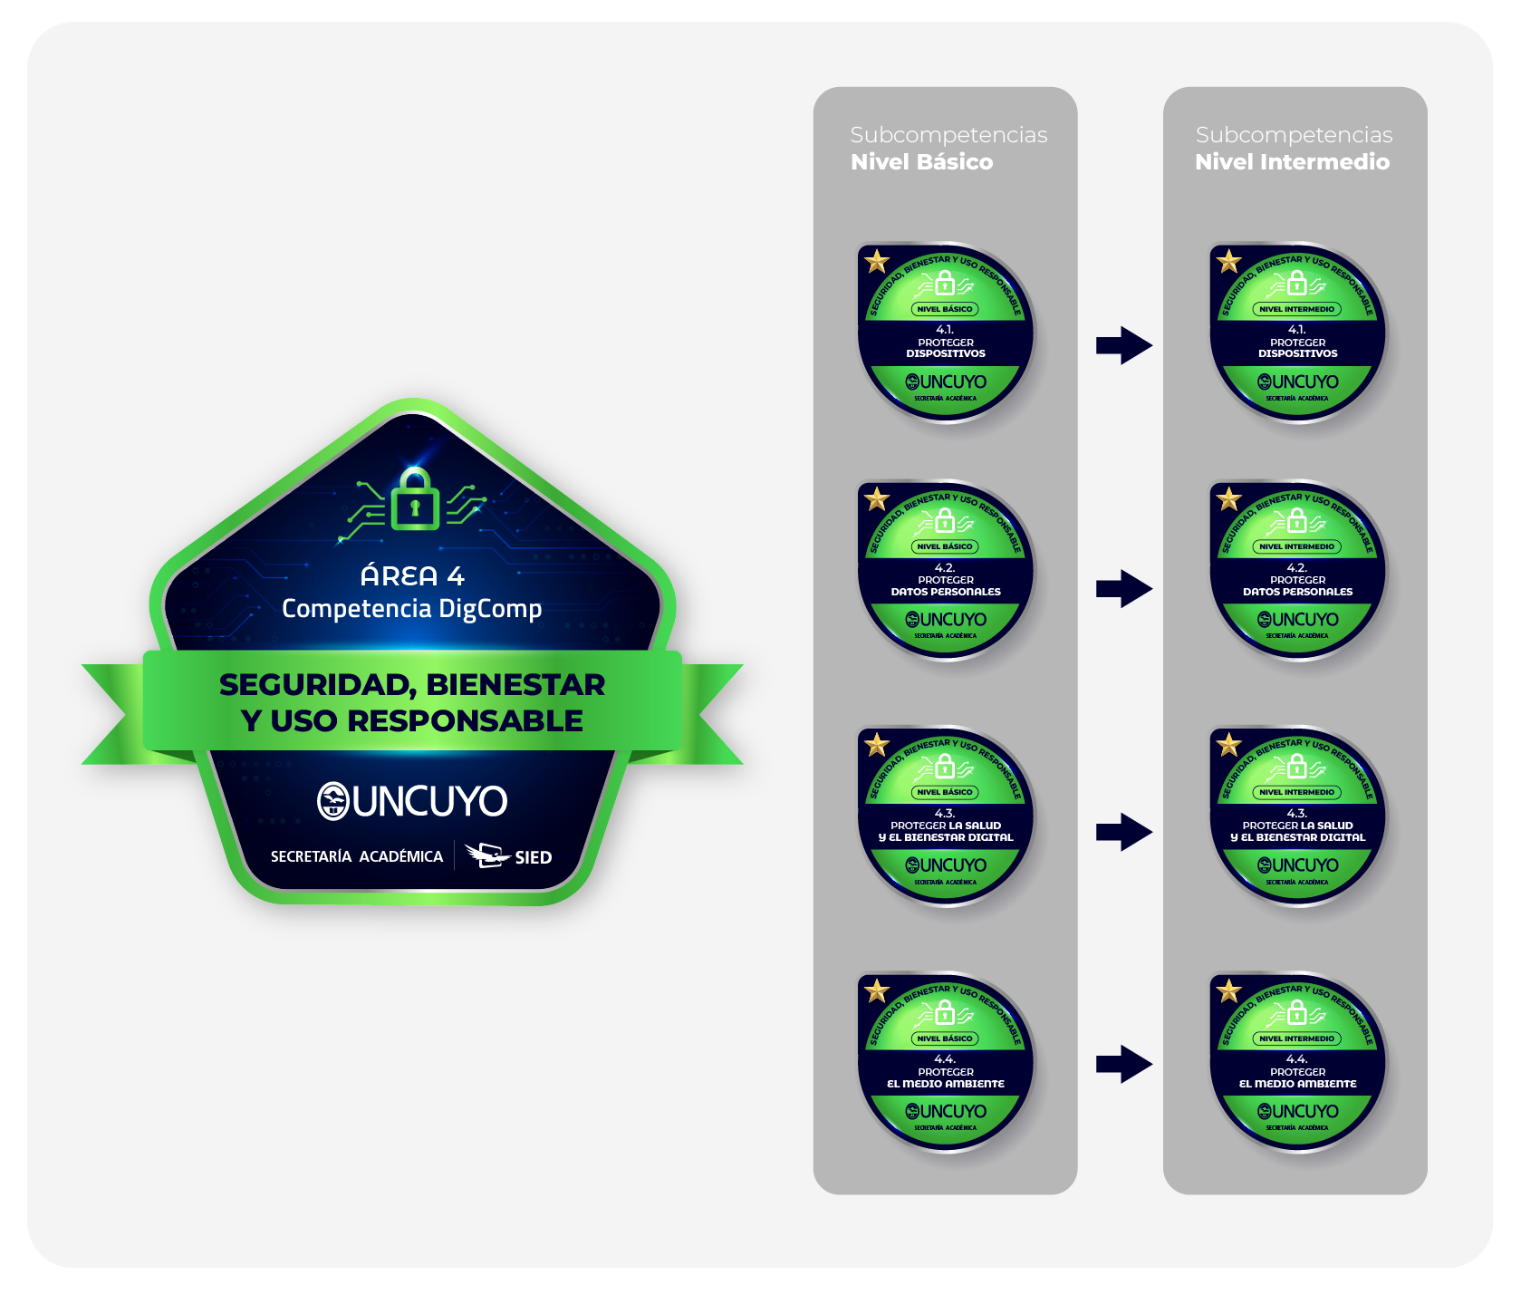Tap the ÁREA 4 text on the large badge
pyautogui.click(x=412, y=575)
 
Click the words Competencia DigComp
pyautogui.click(x=412, y=608)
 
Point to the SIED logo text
pyautogui.click(x=533, y=857)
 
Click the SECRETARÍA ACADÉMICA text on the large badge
pyautogui.click(x=357, y=856)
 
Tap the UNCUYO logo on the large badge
pyautogui.click(x=412, y=801)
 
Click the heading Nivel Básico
pyautogui.click(x=921, y=162)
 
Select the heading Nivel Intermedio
pyautogui.click(x=1292, y=162)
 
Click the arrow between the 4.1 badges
pyautogui.click(x=1123, y=345)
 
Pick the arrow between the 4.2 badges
pyautogui.click(x=1123, y=589)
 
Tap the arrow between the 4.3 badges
pyautogui.click(x=1123, y=832)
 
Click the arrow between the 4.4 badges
pyautogui.click(x=1123, y=1065)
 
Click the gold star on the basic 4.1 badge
pyautogui.click(x=877, y=262)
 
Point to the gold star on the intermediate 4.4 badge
pyautogui.click(x=1228, y=990)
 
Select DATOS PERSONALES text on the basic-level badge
pyautogui.click(x=946, y=592)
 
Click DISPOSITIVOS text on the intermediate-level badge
pyautogui.click(x=1297, y=353)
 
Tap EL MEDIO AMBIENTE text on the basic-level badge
pyautogui.click(x=946, y=1084)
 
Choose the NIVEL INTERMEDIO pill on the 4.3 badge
pyautogui.click(x=1297, y=792)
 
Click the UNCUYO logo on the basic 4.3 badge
pyautogui.click(x=946, y=865)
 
